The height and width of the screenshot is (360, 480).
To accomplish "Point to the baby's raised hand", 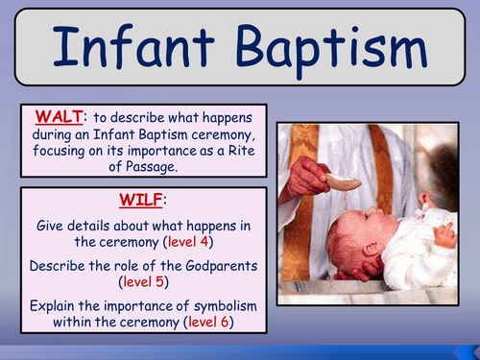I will pos(444,231).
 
